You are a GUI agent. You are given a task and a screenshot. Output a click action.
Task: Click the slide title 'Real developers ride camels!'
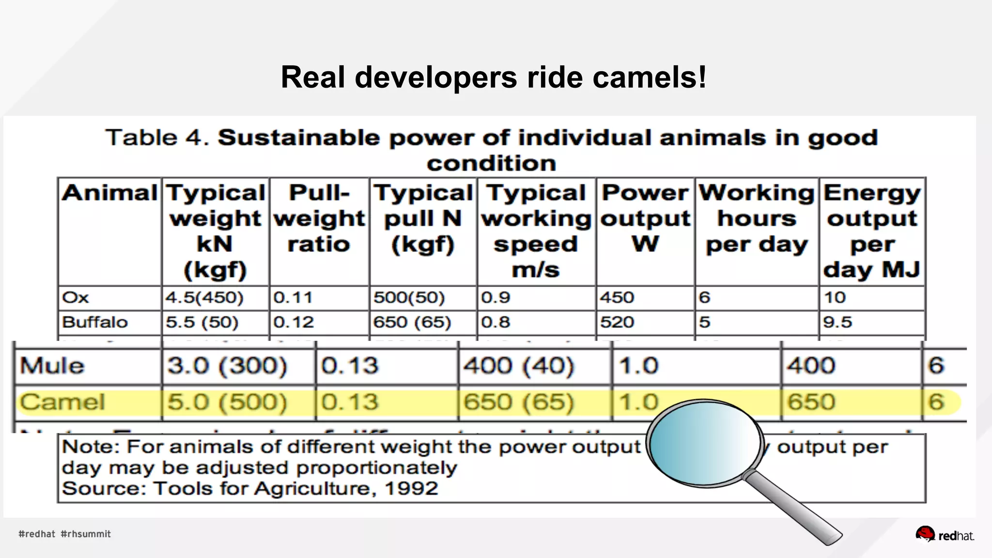[494, 77]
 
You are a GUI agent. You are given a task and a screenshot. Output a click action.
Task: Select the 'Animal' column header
[110, 193]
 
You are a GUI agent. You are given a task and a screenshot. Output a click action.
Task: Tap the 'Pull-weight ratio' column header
[319, 218]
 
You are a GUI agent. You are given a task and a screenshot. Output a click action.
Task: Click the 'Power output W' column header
[645, 218]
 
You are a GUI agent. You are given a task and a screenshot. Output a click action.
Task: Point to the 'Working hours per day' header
[757, 218]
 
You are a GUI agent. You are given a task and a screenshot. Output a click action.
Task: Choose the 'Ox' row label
[76, 297]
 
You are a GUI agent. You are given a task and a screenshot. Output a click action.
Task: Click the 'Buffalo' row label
[95, 322]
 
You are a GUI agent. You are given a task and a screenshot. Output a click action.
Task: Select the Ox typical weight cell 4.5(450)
[204, 297]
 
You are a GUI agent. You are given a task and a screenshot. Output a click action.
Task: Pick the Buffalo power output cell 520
[617, 322]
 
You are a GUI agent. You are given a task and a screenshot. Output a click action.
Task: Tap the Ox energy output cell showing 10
[835, 297]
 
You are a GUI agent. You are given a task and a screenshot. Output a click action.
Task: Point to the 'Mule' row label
[52, 366]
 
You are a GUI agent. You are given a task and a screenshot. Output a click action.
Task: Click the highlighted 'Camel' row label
[62, 402]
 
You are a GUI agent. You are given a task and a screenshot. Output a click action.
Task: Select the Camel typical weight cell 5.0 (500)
[227, 402]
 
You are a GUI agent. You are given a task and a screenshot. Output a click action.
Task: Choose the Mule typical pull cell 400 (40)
[519, 366]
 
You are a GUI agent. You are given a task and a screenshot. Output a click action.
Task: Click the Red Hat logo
[945, 534]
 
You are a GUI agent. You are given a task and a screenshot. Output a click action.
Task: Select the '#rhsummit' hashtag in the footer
[86, 534]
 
